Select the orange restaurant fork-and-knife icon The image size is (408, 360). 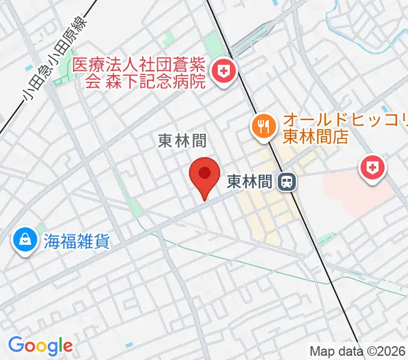click(x=263, y=127)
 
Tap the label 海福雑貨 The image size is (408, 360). click(x=76, y=241)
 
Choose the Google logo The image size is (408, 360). click(x=40, y=346)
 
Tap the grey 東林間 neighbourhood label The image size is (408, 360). click(x=182, y=141)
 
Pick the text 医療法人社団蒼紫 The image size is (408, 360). click(x=139, y=65)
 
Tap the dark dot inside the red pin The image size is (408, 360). click(x=205, y=173)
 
